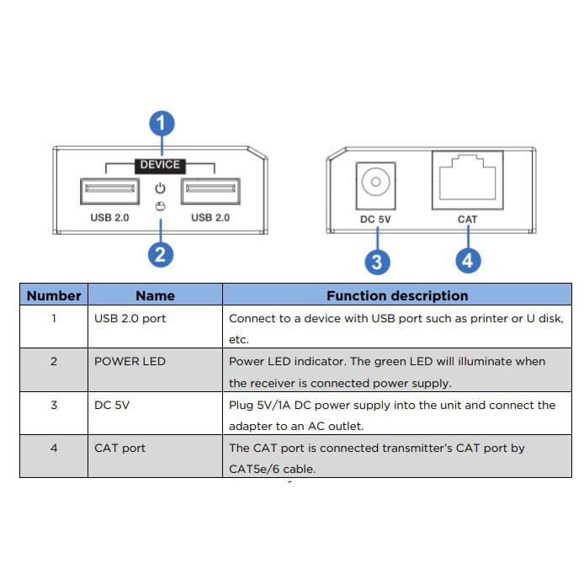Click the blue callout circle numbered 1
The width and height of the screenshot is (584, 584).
point(162,125)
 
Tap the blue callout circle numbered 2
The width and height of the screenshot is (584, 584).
point(161,253)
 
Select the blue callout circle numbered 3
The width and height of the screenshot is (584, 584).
point(376,262)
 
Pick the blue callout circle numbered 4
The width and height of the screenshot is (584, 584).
point(467,261)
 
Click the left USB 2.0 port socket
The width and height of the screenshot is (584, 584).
point(109,191)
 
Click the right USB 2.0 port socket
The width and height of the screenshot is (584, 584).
point(210,191)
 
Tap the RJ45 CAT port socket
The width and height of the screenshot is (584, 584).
point(467,180)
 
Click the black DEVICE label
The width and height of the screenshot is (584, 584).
point(160,165)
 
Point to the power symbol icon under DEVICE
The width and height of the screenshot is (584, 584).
point(160,188)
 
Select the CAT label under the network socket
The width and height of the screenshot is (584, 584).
point(467,220)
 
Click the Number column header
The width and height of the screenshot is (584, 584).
point(54,295)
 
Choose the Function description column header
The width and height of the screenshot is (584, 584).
point(396,295)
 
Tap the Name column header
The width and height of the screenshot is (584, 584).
point(155,295)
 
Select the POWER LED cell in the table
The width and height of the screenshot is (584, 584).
point(130,361)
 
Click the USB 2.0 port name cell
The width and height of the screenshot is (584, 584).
point(130,319)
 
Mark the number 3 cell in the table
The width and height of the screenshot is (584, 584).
point(54,405)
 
